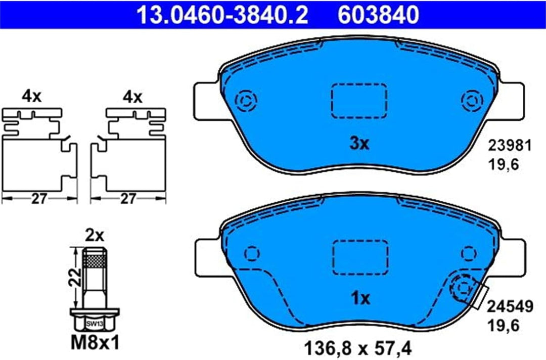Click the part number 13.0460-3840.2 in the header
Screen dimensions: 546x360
coord(222,15)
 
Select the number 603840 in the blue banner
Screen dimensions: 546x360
coord(379,15)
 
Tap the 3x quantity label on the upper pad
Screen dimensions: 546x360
coord(359,144)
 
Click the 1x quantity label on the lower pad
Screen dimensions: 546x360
coord(360,298)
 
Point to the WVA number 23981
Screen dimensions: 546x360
coord(510,146)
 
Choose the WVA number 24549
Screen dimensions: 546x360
coord(510,307)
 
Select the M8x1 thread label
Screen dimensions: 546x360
coord(95,343)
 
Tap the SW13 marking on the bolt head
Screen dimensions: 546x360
coord(95,324)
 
